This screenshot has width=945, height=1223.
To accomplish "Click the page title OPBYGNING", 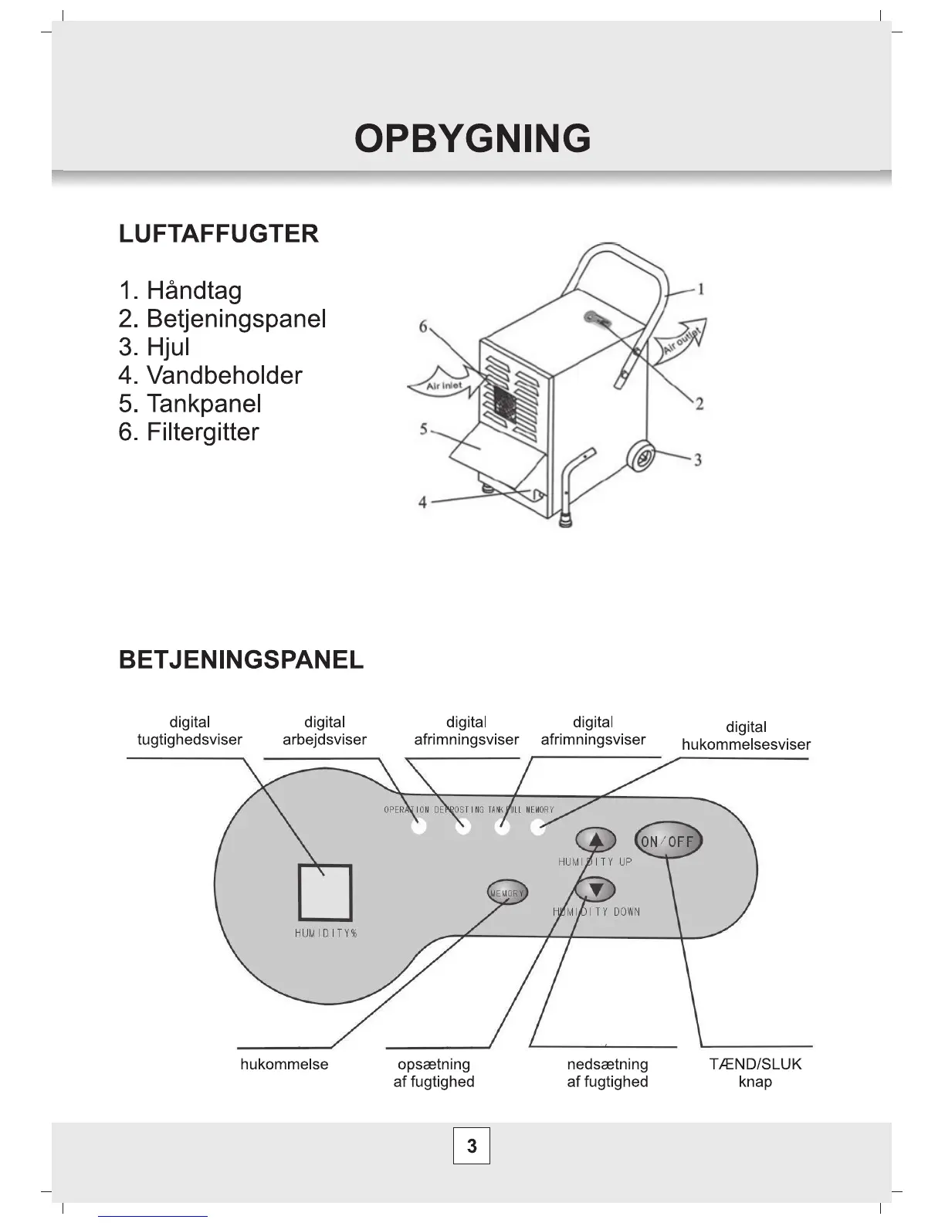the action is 472,139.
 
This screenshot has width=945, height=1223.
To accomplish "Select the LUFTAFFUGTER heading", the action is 218,234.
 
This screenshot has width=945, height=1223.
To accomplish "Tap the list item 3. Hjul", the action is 154,347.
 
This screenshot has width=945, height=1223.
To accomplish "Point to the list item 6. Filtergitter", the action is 188,432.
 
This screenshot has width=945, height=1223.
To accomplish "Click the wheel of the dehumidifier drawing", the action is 642,456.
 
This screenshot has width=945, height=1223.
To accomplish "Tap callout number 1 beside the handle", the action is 699,290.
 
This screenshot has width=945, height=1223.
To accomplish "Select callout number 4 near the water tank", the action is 422,503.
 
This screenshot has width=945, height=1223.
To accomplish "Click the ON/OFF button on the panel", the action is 668,841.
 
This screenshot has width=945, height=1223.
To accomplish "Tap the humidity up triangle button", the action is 595,840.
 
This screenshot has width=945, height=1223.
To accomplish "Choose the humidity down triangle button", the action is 595,889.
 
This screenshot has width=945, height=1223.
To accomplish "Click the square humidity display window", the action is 325,892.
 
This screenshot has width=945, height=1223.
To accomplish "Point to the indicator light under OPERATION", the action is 418,828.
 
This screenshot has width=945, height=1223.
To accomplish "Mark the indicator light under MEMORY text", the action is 538,828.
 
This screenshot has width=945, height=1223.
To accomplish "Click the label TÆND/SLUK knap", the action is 755,1072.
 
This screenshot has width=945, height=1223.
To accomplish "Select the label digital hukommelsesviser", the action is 746,736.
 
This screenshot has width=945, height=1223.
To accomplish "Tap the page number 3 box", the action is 472,1146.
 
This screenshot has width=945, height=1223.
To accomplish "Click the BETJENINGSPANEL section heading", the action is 241,660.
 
